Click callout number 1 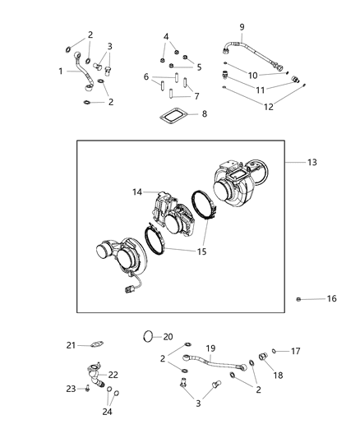(61, 71)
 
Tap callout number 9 (242, 27)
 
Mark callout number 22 (113, 375)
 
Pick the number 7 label (196, 96)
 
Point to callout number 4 (166, 36)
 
